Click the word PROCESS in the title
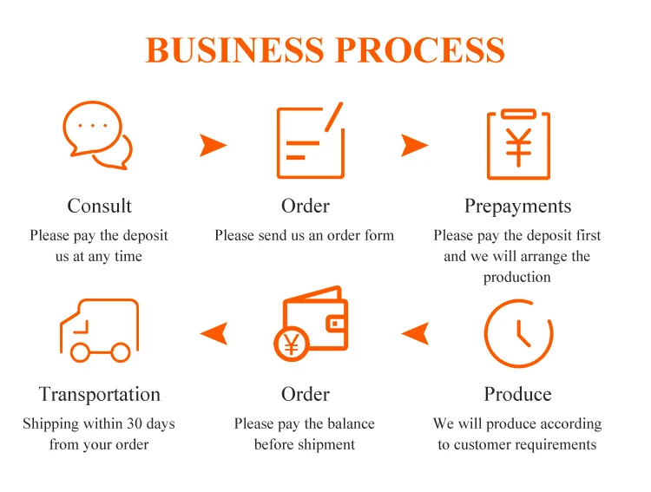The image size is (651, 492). tap(420, 49)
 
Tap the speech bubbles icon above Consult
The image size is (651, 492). tap(98, 135)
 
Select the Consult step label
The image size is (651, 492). tap(100, 206)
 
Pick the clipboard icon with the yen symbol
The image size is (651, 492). tap(518, 144)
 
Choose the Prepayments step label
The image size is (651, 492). tap(518, 206)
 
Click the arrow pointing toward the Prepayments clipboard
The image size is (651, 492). tap(414, 145)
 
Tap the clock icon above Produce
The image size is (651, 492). tap(518, 333)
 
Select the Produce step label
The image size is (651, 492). tap(518, 394)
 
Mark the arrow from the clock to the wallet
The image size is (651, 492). tap(416, 332)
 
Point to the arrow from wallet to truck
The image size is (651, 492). tap(214, 332)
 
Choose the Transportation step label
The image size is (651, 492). tap(100, 394)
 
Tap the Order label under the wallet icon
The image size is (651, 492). tap(306, 394)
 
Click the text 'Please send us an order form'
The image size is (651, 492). tap(305, 235)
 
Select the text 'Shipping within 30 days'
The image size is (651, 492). tap(99, 423)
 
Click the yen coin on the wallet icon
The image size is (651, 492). tap(291, 345)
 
